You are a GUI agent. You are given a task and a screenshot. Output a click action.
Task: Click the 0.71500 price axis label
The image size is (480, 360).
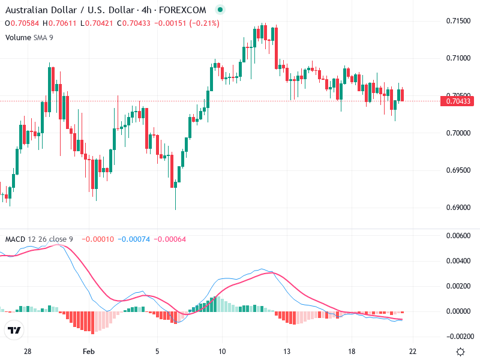click(458, 21)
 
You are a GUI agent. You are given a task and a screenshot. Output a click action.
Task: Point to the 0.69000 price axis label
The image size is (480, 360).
click(458, 208)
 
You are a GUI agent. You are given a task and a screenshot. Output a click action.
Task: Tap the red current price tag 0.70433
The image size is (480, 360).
click(458, 101)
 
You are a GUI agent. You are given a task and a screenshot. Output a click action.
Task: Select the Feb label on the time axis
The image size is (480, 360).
click(89, 352)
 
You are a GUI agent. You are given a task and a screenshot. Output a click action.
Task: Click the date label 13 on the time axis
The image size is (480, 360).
click(287, 352)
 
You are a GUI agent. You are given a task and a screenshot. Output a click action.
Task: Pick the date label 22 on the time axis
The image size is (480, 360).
click(413, 352)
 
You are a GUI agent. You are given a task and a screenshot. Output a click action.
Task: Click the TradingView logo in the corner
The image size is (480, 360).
click(14, 330)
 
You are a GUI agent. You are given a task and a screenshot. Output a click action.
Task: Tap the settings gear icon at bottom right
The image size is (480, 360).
click(460, 352)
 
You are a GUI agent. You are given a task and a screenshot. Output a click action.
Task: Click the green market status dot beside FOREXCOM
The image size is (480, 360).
click(220, 10)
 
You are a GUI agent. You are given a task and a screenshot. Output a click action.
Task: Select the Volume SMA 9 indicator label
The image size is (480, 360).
click(29, 37)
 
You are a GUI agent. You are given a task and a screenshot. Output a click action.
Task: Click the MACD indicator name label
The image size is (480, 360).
click(15, 239)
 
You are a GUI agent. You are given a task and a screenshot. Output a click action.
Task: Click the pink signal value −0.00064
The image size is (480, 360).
click(170, 239)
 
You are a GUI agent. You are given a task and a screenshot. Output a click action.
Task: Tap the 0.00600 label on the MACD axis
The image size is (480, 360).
click(458, 236)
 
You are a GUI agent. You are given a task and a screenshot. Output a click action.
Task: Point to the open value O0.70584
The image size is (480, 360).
click(23, 23)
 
